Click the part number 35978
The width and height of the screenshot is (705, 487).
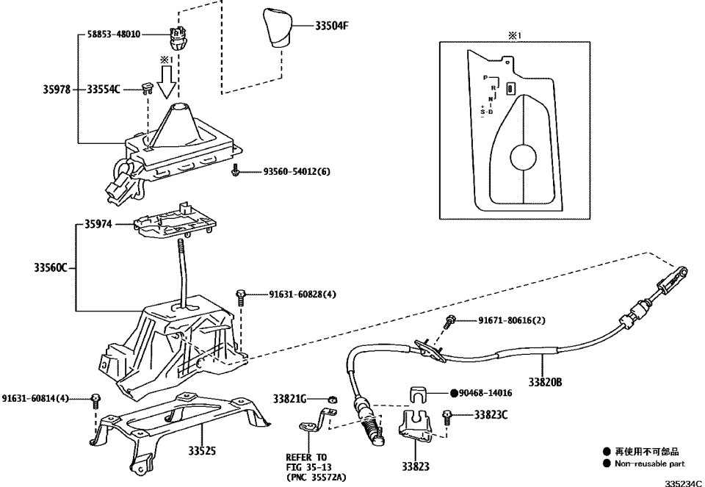[57, 90]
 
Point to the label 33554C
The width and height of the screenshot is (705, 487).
[104, 90]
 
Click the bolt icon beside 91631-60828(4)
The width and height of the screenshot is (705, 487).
[241, 295]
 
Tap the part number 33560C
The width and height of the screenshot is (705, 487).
[51, 268]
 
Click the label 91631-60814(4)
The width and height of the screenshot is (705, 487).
[35, 398]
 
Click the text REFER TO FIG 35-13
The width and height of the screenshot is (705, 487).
[307, 461]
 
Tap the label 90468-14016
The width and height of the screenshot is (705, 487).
[481, 394]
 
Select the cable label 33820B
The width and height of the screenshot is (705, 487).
[544, 382]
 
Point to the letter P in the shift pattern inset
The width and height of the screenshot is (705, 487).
[485, 77]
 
